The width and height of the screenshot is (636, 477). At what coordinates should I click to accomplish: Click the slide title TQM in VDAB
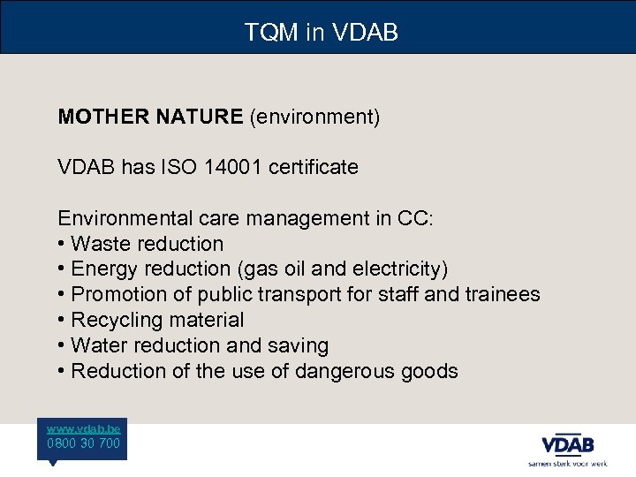322,33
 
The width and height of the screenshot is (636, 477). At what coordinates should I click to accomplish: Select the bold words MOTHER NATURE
150,117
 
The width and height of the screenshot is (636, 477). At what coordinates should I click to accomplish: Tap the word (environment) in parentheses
314,117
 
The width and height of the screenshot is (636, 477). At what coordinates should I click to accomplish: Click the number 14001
232,167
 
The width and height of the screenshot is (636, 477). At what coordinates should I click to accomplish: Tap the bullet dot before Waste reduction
62,244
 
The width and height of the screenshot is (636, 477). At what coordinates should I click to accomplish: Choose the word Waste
98,244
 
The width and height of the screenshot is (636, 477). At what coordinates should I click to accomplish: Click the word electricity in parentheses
403,269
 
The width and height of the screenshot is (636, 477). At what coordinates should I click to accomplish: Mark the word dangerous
345,371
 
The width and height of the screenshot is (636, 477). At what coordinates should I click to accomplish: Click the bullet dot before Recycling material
62,320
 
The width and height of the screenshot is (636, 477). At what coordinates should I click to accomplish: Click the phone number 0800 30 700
84,443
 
